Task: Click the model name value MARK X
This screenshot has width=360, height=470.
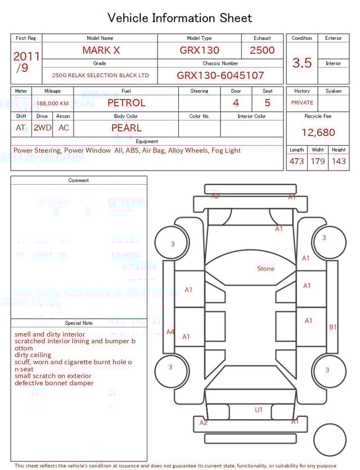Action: pyautogui.click(x=101, y=50)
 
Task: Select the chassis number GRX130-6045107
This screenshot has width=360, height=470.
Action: pyautogui.click(x=220, y=75)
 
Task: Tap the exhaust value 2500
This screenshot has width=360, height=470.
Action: pyautogui.click(x=262, y=50)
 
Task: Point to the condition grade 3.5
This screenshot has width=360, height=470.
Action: pyautogui.click(x=302, y=63)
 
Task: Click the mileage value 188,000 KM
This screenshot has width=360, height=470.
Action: pyautogui.click(x=53, y=104)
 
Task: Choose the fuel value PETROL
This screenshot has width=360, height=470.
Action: pyautogui.click(x=127, y=103)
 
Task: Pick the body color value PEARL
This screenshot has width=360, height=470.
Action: pyautogui.click(x=127, y=128)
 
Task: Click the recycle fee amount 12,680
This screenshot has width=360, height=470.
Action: pyautogui.click(x=318, y=133)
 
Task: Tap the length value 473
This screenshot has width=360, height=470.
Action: pyautogui.click(x=296, y=161)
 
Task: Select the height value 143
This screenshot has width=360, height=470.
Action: pyautogui.click(x=339, y=161)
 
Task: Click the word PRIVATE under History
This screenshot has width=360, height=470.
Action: pyautogui.click(x=302, y=103)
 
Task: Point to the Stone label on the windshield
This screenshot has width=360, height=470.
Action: pyautogui.click(x=265, y=268)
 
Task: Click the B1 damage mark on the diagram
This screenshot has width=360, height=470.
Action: pyautogui.click(x=332, y=327)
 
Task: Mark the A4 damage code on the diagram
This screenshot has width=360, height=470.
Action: pyautogui.click(x=170, y=332)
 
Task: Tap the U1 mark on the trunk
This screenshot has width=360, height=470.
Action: pyautogui.click(x=258, y=410)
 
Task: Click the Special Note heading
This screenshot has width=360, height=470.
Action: pyautogui.click(x=79, y=323)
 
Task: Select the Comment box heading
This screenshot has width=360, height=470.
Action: pyautogui.click(x=79, y=181)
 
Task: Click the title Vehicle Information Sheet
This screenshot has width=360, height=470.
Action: pyautogui.click(x=180, y=18)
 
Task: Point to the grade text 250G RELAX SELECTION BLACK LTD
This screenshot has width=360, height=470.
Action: pyautogui.click(x=100, y=75)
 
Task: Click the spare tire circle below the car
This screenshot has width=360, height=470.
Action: pyautogui.click(x=330, y=441)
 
